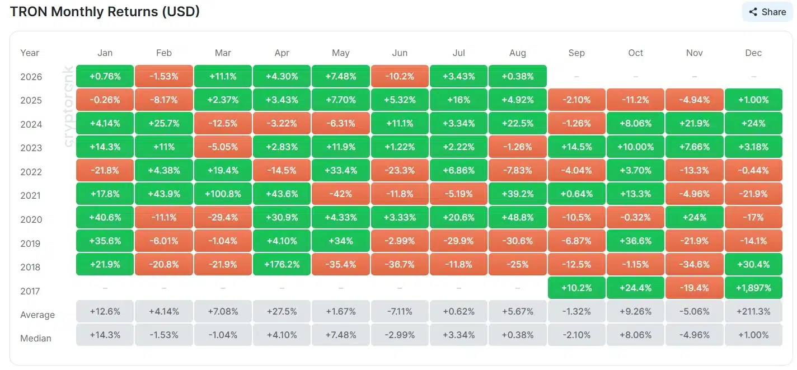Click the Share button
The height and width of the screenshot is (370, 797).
tap(767, 12)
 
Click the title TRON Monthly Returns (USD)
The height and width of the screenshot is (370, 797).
tap(105, 12)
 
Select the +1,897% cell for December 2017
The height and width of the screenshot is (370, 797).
tap(753, 288)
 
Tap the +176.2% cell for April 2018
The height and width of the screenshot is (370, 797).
tap(282, 264)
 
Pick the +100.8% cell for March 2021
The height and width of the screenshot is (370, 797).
tap(223, 194)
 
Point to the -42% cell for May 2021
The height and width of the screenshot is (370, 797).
tap(340, 194)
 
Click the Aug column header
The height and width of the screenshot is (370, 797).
tap(517, 53)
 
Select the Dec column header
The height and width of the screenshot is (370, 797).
tap(753, 53)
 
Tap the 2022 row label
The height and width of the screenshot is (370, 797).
tap(31, 172)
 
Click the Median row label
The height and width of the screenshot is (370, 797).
tap(36, 338)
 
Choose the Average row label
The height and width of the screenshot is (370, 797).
tap(37, 315)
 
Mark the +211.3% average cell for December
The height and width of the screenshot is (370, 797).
tap(753, 311)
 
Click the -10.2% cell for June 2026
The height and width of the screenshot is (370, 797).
tap(400, 76)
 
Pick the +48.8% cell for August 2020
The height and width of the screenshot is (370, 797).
tap(517, 217)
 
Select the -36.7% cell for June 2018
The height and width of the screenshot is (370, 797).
tap(400, 264)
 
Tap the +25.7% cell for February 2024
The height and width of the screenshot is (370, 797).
tap(163, 124)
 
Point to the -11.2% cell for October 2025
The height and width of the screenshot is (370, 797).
tap(635, 100)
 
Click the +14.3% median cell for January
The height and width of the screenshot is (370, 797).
tap(105, 335)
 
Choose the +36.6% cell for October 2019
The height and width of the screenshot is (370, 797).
tap(635, 241)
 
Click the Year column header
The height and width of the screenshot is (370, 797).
tap(30, 53)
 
